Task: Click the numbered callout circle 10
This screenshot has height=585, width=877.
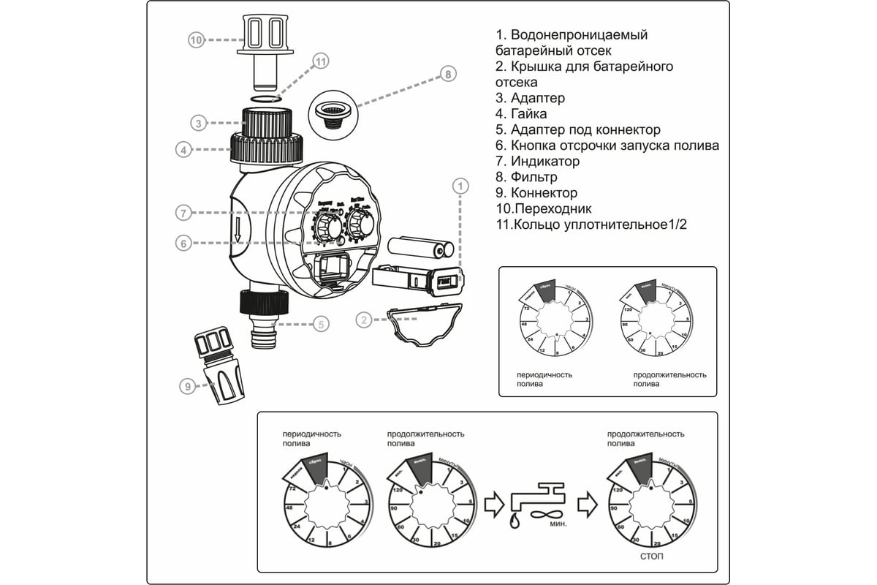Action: (195, 40)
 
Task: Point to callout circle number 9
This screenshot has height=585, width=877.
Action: (188, 387)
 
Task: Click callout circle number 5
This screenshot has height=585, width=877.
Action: (321, 324)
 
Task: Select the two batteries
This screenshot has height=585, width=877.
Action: (417, 248)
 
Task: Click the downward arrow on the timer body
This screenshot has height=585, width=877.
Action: (239, 232)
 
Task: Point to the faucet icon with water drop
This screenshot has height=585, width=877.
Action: (536, 500)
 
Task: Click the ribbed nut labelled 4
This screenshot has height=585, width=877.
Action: (267, 149)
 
